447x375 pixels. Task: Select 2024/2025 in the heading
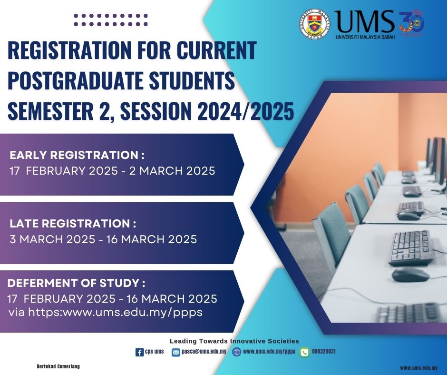[x=245, y=111]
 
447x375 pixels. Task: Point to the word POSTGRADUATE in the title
[x=75, y=81]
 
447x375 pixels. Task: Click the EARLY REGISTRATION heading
[x=77, y=155]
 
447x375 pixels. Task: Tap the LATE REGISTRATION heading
[x=73, y=224]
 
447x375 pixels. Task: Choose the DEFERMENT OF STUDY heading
[x=77, y=283]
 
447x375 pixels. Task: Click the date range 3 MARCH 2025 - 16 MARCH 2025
[x=103, y=239]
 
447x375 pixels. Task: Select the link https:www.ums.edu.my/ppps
[x=116, y=312]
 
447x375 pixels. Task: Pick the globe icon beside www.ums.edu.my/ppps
[x=237, y=352]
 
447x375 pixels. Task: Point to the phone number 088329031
[x=324, y=351]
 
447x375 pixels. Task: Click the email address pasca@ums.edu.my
[x=204, y=351]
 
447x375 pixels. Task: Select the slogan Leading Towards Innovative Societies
[x=234, y=341]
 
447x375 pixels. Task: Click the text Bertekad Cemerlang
[x=58, y=366]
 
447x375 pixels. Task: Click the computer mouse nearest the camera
[x=410, y=275]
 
